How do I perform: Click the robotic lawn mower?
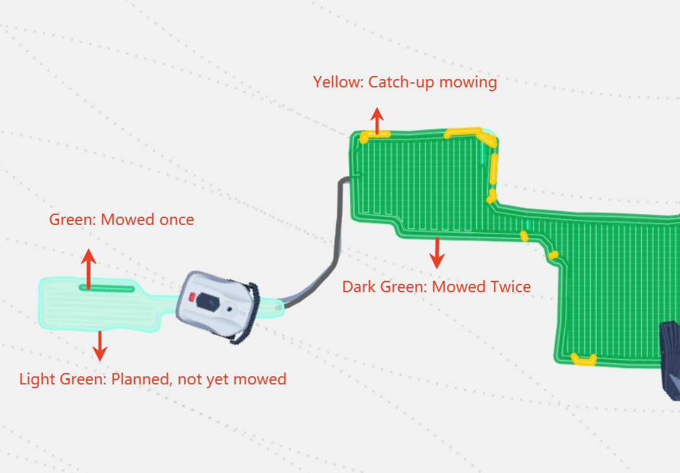[217, 306]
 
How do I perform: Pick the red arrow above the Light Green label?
[100, 346]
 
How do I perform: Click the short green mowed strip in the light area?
[107, 288]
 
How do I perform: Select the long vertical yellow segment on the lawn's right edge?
[493, 169]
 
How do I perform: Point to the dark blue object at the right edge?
[670, 360]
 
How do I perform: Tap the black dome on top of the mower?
[207, 302]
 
